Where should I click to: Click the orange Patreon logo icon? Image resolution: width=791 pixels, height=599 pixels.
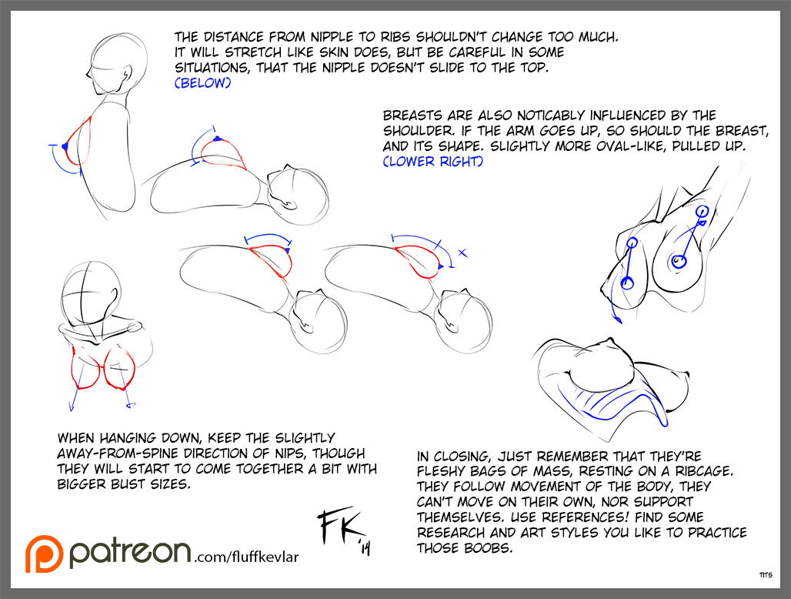coord(45,554)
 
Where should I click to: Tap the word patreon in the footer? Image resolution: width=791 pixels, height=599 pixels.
coord(130,552)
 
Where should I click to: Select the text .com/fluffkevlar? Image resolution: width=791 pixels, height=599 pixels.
coord(246,557)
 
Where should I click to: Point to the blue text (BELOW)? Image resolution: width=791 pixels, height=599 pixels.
coord(203,82)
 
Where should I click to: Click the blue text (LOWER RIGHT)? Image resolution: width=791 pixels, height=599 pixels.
coord(433,162)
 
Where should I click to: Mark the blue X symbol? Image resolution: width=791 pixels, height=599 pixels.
coord(462,253)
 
